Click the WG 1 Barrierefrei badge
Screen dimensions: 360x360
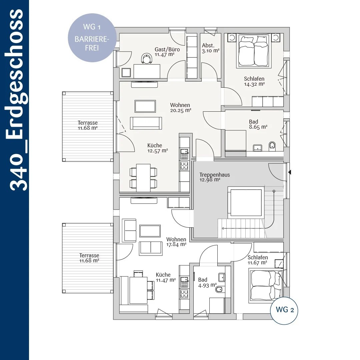92,38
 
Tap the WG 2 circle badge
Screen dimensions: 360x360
284,310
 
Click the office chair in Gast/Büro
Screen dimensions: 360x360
147,58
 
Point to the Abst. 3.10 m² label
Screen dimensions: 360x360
211,48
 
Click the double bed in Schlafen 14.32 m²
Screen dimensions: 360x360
254,51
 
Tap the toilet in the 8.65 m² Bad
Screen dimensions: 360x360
272,146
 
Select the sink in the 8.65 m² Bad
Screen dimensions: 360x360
257,148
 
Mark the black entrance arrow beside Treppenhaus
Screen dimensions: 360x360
290,172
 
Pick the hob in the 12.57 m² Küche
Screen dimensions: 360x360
184,166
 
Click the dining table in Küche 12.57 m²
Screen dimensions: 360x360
143,178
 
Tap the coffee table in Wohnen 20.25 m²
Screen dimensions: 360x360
145,106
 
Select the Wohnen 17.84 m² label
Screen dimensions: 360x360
176,242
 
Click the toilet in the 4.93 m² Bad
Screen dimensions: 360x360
219,289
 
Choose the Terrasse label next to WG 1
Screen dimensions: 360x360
87,125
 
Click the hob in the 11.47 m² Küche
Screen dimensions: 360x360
184,294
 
